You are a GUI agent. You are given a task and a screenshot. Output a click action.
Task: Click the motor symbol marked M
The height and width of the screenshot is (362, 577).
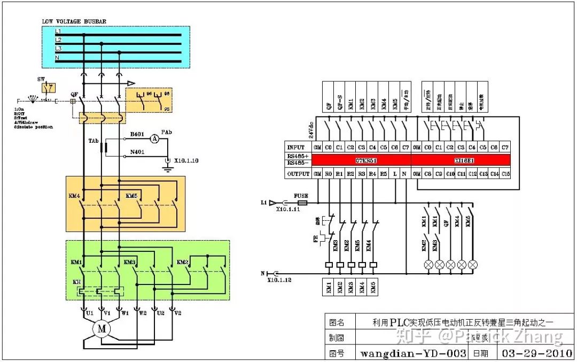(102, 329)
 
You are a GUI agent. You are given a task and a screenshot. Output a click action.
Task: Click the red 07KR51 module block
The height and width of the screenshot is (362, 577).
(361, 160)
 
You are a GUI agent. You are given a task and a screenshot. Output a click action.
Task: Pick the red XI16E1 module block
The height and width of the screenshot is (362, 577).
(461, 160)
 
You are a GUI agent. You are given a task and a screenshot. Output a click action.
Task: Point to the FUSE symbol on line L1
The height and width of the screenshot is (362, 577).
(301, 203)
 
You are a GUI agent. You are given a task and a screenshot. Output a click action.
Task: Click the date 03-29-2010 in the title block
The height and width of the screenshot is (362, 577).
(535, 353)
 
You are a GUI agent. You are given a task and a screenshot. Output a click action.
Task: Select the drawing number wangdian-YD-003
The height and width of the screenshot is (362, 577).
(413, 353)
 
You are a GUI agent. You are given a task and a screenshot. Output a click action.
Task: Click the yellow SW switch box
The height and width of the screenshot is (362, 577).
(49, 88)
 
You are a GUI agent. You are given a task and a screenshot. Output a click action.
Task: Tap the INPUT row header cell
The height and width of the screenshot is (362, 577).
(295, 147)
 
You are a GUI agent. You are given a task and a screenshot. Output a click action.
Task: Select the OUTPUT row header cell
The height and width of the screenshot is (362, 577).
(298, 173)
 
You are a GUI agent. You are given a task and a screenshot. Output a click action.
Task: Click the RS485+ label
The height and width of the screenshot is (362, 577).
(297, 156)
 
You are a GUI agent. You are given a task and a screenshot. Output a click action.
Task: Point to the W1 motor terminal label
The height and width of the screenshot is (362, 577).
(124, 313)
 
